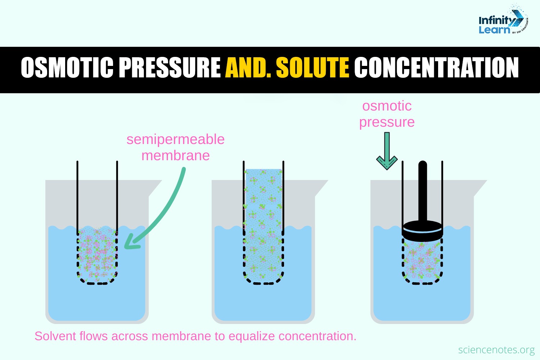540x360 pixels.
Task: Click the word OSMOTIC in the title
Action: [67, 68]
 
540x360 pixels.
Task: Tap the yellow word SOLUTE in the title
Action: [312, 68]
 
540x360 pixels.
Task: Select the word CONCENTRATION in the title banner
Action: [436, 68]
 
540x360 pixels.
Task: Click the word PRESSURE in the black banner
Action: [170, 68]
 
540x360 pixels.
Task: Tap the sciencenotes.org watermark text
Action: [496, 350]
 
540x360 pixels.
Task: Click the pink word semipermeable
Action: [175, 139]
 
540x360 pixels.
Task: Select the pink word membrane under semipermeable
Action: [175, 156]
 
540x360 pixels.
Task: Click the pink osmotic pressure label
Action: [387, 114]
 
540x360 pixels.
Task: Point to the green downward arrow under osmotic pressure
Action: [387, 151]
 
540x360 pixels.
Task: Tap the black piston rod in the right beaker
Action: [423, 191]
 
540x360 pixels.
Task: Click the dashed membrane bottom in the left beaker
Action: [97, 283]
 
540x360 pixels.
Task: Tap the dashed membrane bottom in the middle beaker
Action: [263, 283]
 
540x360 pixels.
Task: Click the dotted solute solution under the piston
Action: [422, 261]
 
